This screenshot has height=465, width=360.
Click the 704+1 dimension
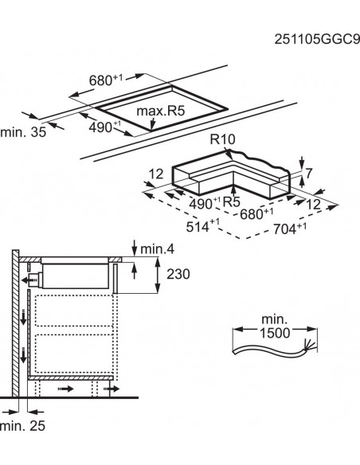290,229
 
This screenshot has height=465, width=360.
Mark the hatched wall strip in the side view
14,326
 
